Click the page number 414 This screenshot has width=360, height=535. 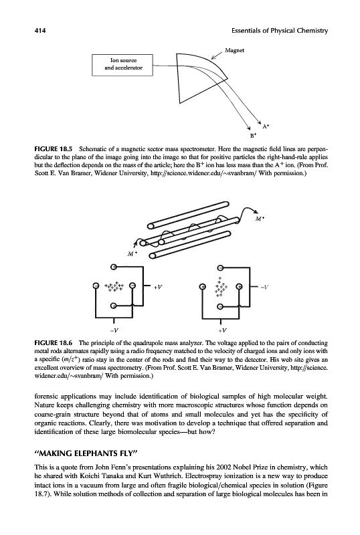pyautogui.click(x=40, y=31)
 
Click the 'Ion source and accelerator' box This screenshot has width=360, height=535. pyautogui.click(x=122, y=65)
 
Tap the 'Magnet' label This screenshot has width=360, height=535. pyautogui.click(x=235, y=50)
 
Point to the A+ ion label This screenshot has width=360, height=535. pyautogui.click(x=266, y=126)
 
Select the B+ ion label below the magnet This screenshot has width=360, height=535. pyautogui.click(x=253, y=136)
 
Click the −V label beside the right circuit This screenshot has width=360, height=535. pyautogui.click(x=264, y=288)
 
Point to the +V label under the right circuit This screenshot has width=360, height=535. pyautogui.click(x=222, y=330)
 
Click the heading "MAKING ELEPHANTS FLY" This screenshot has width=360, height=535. pyautogui.click(x=86, y=453)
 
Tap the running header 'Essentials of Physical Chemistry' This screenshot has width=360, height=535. pyautogui.click(x=280, y=31)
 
